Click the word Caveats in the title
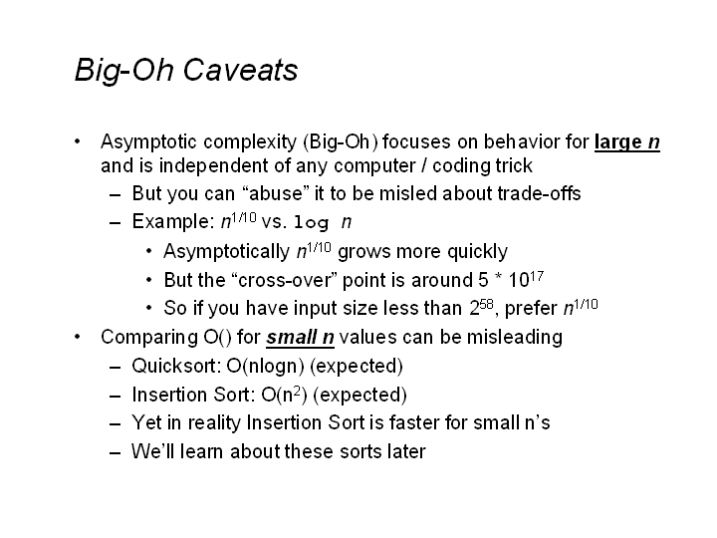click(241, 70)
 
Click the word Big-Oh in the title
click(124, 71)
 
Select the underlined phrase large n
click(627, 142)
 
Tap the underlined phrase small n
click(300, 337)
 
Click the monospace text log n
click(323, 222)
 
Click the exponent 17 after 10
click(537, 275)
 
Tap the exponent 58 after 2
click(487, 304)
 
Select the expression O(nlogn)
click(265, 366)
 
